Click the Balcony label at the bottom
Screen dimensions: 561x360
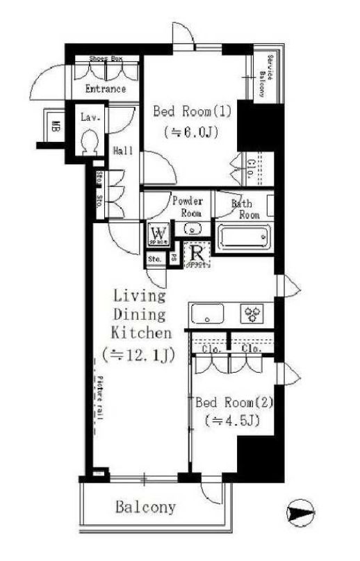[x=145, y=507]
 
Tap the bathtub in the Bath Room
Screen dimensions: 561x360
[x=244, y=238]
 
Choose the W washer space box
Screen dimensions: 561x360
[x=158, y=232]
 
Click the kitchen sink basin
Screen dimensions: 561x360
[x=206, y=314]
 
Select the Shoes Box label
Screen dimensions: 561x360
[x=105, y=59]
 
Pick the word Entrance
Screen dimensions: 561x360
[x=106, y=89]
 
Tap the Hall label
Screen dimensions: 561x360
[x=123, y=151]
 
